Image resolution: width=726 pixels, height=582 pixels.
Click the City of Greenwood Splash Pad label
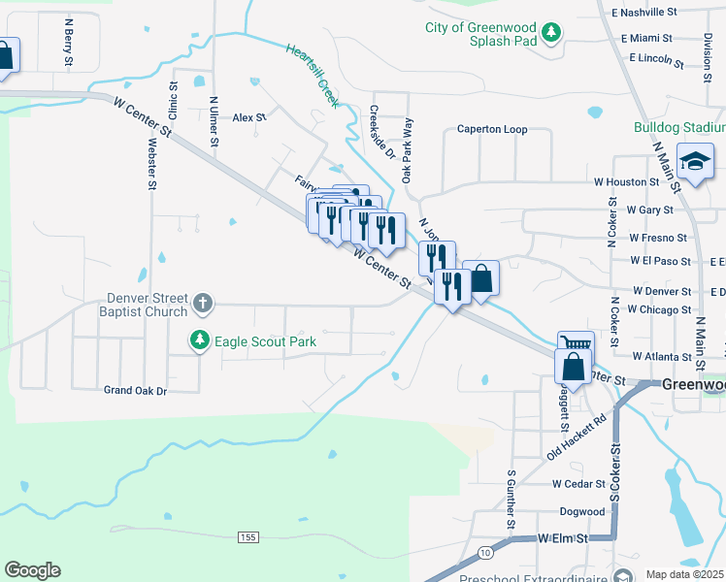coord(481,35)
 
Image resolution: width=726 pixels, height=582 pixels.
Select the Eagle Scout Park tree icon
coord(200,341)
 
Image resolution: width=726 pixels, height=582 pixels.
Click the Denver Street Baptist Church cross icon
coord(203,305)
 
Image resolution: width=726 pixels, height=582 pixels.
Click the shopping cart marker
coord(576,346)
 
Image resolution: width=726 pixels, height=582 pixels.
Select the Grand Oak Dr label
coord(136,390)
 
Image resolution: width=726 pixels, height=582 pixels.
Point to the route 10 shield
coord(484,552)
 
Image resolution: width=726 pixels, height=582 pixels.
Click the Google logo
coord(32,570)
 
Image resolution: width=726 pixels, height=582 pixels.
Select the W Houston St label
coord(627,181)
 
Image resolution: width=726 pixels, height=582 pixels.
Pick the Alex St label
coord(248,117)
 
